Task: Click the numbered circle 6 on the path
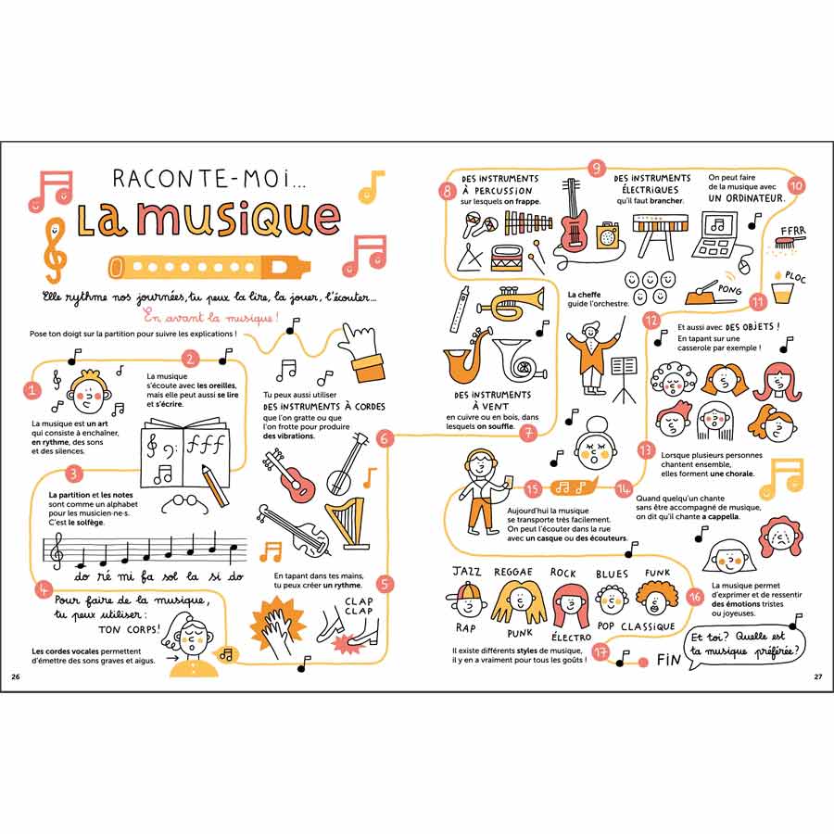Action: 384,439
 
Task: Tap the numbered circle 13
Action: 646,450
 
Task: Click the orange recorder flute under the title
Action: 209,267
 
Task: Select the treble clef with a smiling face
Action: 55,250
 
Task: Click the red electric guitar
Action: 572,219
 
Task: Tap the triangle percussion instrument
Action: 471,257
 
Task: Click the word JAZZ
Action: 466,571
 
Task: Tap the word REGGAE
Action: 512,572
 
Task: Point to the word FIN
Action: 669,660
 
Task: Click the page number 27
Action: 818,676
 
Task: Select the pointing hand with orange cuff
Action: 362,352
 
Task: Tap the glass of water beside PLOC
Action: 782,292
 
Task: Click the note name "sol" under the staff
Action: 170,576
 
